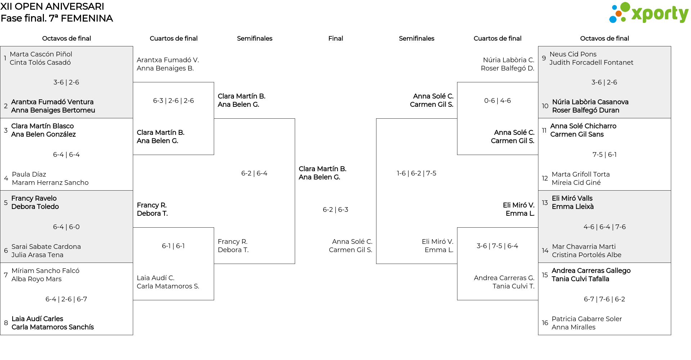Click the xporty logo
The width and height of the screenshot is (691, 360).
pyautogui.click(x=649, y=13)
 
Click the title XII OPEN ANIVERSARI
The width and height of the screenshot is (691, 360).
pyautogui.click(x=53, y=6)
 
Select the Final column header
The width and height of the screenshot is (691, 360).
pyautogui.click(x=335, y=38)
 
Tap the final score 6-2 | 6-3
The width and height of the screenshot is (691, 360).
pyautogui.click(x=335, y=210)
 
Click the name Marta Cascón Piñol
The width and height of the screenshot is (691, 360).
pyautogui.click(x=41, y=54)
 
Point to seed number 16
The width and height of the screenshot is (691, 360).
pyautogui.click(x=545, y=323)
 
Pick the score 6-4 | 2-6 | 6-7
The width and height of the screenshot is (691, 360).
pyautogui.click(x=66, y=299)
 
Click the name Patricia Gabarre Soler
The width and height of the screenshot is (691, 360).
pyautogui.click(x=587, y=319)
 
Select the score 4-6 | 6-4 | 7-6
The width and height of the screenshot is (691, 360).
pyautogui.click(x=605, y=227)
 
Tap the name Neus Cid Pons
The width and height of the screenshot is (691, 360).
pyautogui.click(x=573, y=54)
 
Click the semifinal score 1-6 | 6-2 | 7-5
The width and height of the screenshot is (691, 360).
pyautogui.click(x=416, y=173)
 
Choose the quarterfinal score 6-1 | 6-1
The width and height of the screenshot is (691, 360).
pyautogui.click(x=173, y=246)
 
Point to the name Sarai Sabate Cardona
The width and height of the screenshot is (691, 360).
pyautogui.click(x=46, y=247)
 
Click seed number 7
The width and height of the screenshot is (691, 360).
pyautogui.click(x=6, y=275)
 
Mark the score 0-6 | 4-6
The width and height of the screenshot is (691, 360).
pyautogui.click(x=497, y=101)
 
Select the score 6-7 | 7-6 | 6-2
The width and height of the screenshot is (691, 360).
pyautogui.click(x=605, y=299)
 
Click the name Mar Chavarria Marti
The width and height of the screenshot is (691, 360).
pyautogui.click(x=584, y=247)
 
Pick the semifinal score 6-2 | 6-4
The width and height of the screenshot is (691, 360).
pyautogui.click(x=254, y=173)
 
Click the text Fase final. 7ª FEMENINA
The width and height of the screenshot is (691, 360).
pyautogui.click(x=57, y=18)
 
